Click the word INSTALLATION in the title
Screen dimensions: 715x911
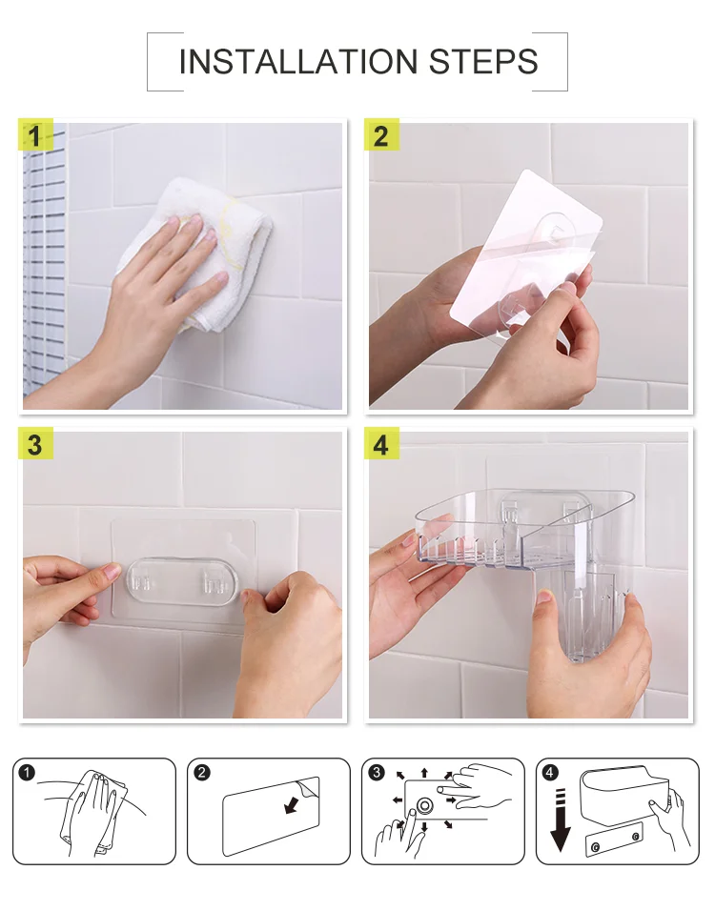[298, 62]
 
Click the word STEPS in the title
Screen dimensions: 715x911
[483, 62]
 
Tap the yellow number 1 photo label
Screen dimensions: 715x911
[35, 136]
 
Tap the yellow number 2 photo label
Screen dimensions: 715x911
[381, 135]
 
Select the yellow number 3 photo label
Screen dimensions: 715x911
[35, 444]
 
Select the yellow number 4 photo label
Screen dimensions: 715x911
[381, 444]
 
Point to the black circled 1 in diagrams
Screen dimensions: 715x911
[27, 772]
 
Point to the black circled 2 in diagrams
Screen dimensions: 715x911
[202, 772]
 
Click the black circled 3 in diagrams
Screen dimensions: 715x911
[377, 772]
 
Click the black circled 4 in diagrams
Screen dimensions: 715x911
[550, 772]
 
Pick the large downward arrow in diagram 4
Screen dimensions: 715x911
[561, 820]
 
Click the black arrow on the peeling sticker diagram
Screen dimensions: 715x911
[291, 805]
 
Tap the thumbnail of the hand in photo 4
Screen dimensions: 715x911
[544, 597]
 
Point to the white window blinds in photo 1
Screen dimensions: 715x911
[45, 261]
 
